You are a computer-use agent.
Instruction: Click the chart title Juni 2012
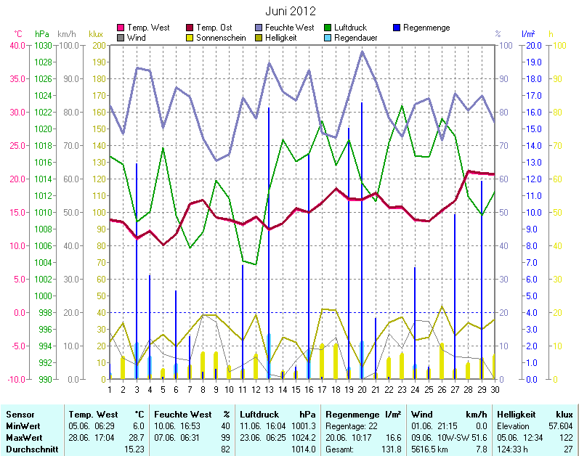tap(289, 11)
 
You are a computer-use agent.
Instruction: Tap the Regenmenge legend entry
tap(426, 28)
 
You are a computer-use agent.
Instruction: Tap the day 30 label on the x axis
tap(494, 389)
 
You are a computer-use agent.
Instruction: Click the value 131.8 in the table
tap(392, 449)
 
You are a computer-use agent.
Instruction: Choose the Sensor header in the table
tap(20, 412)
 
